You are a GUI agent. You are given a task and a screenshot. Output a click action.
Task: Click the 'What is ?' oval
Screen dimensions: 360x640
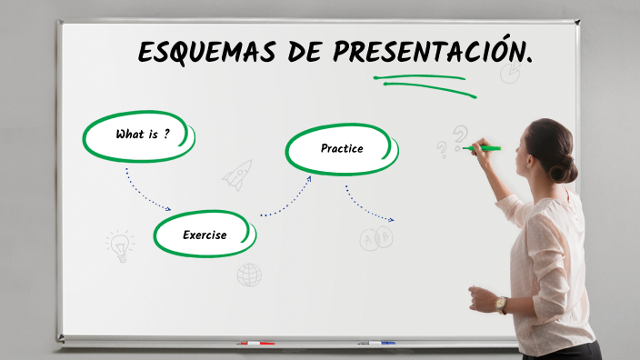click(x=140, y=135)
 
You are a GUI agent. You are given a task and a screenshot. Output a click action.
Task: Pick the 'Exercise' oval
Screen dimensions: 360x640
click(x=205, y=235)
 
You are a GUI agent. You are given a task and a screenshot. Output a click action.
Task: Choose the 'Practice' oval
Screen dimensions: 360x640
click(x=341, y=148)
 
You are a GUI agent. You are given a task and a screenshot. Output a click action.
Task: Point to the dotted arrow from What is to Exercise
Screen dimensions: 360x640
click(x=145, y=192)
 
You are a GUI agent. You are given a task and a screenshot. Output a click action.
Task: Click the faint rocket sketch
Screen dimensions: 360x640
click(x=238, y=174)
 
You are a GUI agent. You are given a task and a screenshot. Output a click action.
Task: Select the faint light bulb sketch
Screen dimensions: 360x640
click(x=119, y=245)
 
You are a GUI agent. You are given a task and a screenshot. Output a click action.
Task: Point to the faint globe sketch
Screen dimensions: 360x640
click(x=249, y=275)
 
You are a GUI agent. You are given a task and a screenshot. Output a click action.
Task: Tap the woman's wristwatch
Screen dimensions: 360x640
click(x=501, y=305)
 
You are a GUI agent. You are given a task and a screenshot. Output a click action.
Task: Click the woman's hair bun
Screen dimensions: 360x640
click(x=568, y=168)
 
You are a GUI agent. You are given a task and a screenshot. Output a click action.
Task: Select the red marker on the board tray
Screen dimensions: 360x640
click(x=255, y=344)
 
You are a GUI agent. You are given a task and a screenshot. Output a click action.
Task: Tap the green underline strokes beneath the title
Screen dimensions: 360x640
click(x=423, y=83)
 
